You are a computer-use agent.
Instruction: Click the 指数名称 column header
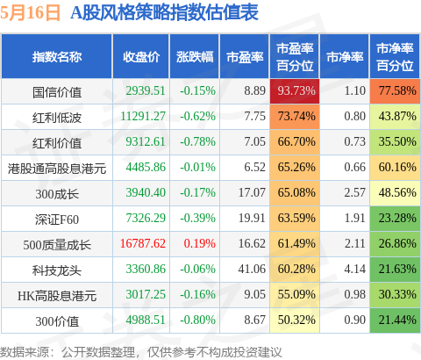pos(57,57)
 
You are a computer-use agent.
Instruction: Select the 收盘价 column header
pos(141,57)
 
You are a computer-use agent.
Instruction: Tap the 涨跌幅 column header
pos(195,57)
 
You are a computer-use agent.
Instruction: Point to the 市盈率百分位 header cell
pos(295,57)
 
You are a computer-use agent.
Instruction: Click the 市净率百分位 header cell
pos(395,57)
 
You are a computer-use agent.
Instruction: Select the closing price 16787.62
pos(143,243)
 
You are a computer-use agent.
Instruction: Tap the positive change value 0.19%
pos(199,243)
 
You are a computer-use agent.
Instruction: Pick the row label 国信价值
pos(57,92)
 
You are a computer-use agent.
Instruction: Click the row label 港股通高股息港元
pos(57,169)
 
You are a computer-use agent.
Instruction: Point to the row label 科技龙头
pos(57,270)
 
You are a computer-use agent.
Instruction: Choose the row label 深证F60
pos(57,220)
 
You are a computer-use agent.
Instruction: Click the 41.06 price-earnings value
pos(252,269)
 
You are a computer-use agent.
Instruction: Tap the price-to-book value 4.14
pos(354,269)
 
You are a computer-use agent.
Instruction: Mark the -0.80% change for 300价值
pos(197,320)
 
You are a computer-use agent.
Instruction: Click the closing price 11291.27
pos(143,116)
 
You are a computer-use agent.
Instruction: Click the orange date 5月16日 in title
pos(31,13)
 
